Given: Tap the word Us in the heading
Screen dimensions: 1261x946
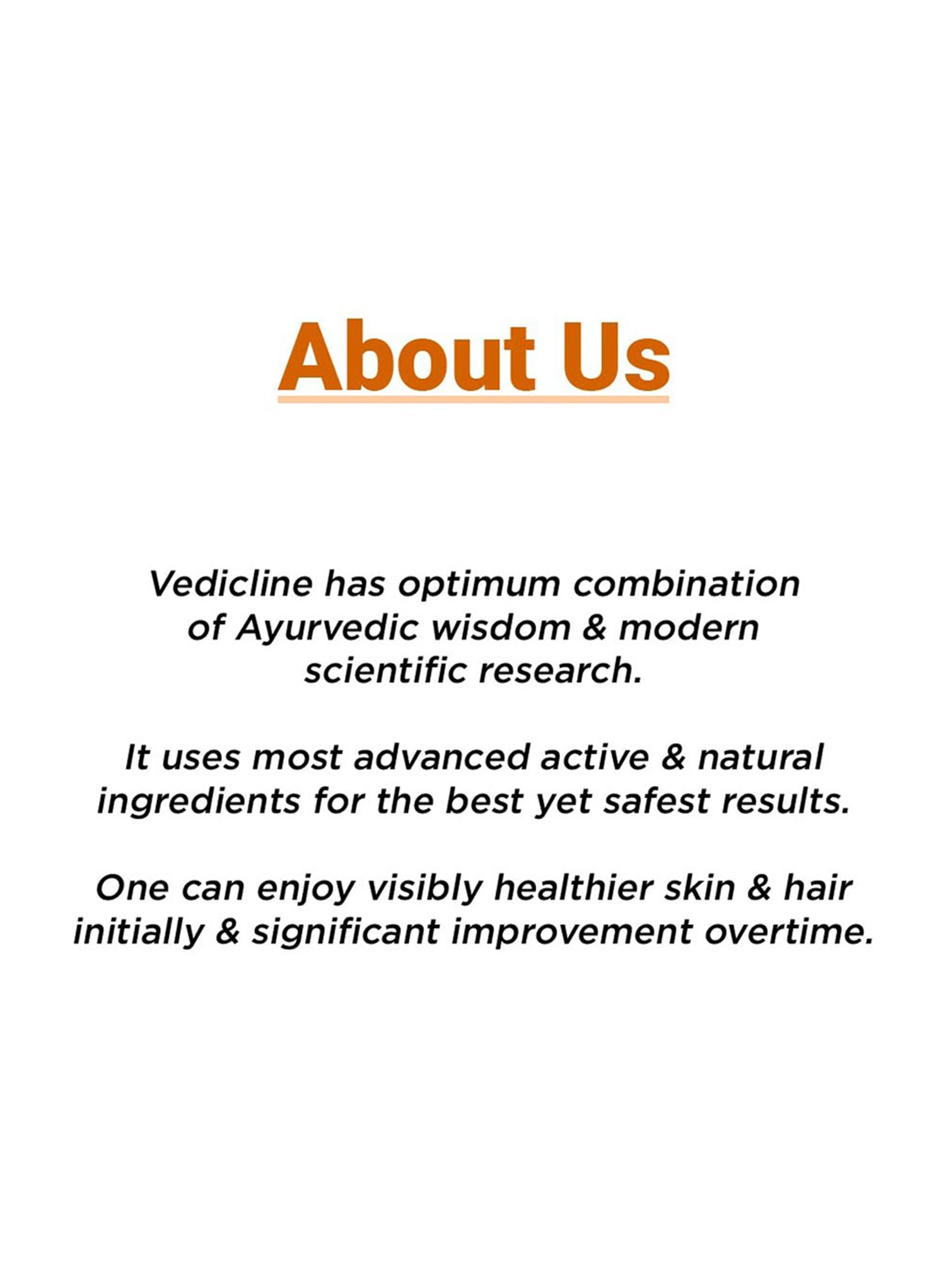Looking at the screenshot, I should [x=616, y=357].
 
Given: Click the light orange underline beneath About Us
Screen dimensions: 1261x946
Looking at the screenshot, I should [x=473, y=400].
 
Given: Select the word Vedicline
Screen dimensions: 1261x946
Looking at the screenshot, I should [x=231, y=584].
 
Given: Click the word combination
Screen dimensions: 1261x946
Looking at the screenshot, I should [x=686, y=584].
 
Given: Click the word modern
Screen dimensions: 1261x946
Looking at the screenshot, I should [x=689, y=629].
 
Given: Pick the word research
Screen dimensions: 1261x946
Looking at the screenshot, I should [x=560, y=671].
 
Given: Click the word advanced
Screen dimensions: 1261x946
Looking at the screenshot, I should [x=441, y=757].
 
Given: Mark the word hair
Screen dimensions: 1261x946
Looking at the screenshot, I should [x=817, y=888].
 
